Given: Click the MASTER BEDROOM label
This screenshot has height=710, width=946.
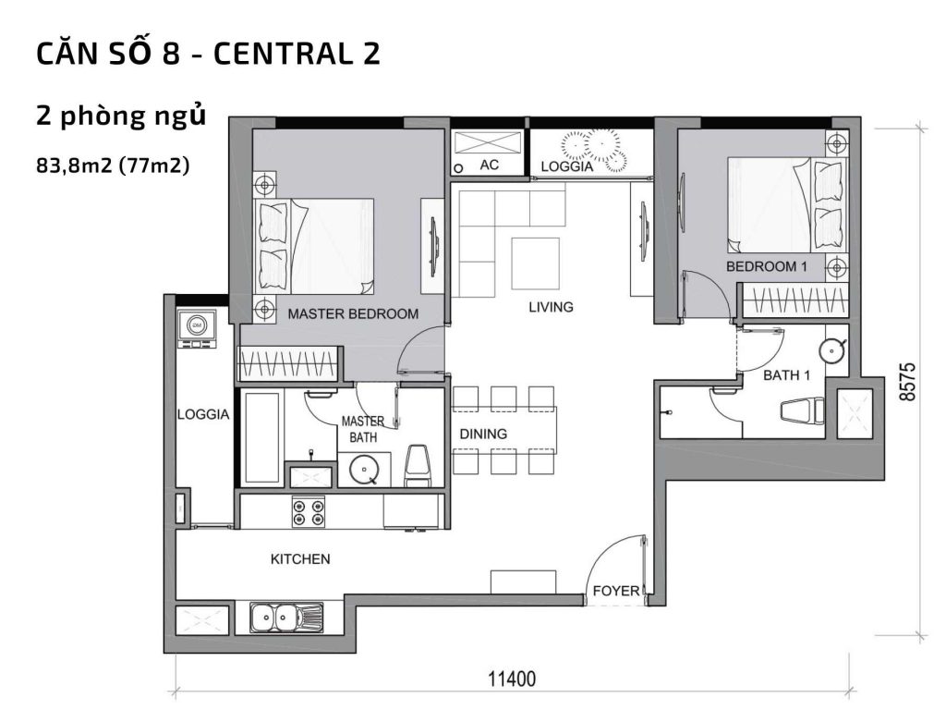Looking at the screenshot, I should pos(353,313).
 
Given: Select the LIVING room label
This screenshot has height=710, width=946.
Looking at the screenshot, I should pos(551,307).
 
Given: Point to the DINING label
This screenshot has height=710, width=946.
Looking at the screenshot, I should pos(483,434).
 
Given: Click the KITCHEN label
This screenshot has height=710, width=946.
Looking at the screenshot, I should pos(299,558).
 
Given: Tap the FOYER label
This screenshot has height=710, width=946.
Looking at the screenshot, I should pos(615,590).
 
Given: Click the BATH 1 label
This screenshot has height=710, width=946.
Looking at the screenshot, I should pos(786,375).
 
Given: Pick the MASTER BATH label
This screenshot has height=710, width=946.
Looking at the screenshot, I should pos(362,429).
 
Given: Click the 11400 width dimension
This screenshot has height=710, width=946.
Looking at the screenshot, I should pos(511,679).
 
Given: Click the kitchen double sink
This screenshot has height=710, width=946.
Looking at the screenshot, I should pos(285,615).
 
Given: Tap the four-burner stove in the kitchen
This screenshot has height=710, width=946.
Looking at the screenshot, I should pos(308,512).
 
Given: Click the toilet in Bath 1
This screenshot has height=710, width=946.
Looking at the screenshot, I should pos(800,410).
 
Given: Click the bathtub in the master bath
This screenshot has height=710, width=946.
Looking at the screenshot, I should pos(261,437).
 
